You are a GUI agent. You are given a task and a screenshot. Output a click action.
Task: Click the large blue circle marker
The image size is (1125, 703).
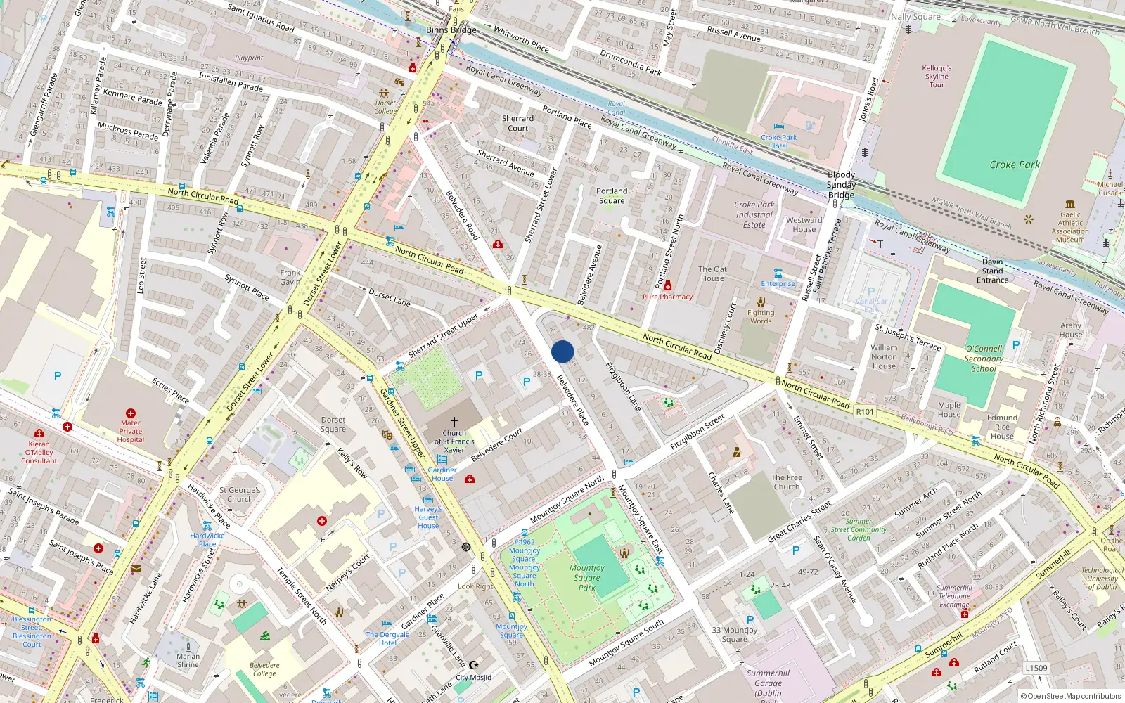click(562, 351)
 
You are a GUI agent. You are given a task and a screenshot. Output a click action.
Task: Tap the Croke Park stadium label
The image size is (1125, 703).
click(1014, 165)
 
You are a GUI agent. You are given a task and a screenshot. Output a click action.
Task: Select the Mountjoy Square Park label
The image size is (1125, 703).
click(587, 578)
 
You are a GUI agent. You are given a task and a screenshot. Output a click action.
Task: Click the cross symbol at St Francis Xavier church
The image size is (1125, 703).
click(454, 422)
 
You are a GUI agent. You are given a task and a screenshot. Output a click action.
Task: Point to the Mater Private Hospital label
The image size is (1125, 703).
click(131, 431)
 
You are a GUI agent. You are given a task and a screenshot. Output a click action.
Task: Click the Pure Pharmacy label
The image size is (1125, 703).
click(667, 297)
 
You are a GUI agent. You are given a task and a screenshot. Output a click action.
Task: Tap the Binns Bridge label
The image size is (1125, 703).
click(451, 30)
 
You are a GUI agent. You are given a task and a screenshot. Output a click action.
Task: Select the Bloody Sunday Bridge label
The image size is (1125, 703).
click(841, 184)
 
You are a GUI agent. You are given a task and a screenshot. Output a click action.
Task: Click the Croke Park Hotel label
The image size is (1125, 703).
click(778, 142)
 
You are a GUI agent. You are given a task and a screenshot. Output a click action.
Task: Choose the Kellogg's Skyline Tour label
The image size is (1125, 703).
click(937, 77)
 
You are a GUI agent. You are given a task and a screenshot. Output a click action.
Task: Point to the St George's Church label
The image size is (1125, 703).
click(240, 495)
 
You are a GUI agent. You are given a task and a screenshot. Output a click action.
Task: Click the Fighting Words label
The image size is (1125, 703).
click(761, 317)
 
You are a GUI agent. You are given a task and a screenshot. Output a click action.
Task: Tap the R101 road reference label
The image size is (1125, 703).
click(865, 412)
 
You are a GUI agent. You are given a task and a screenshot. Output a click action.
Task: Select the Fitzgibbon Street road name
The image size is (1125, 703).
click(697, 433)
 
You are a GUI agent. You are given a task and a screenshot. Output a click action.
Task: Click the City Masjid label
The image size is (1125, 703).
click(474, 678)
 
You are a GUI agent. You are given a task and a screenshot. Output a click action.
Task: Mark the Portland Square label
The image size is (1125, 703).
click(612, 196)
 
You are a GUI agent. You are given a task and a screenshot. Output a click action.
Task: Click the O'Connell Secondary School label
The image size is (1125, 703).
click(984, 359)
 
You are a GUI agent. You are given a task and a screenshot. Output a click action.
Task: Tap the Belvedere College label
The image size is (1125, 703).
click(264, 669)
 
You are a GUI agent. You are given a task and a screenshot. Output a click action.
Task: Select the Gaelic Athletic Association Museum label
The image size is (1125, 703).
click(1070, 227)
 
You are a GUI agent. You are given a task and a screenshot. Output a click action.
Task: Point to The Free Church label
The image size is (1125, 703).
click(786, 482)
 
